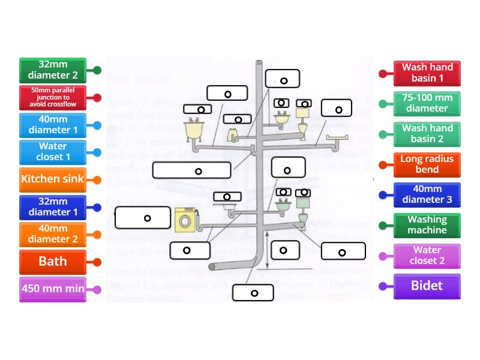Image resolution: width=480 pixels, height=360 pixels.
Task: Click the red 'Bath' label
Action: coord(53,262)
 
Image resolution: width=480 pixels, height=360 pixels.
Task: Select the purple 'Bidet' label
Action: coord(427,286)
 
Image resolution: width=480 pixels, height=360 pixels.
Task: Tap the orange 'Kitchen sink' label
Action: coord(53,179)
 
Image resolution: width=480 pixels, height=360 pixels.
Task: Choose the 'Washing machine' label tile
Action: coord(427,224)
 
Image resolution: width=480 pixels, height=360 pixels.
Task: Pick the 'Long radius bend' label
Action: coord(427,164)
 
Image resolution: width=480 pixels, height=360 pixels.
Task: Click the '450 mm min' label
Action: coord(53,289)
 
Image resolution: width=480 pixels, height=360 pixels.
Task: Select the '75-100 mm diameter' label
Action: coord(427,103)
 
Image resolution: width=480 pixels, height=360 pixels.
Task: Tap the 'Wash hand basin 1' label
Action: coord(427,73)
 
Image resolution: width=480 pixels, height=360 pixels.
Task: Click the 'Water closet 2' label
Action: coord(427,255)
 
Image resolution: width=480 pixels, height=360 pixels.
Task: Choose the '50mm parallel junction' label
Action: coord(53,97)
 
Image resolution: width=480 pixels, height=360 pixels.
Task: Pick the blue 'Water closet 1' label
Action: coord(53,152)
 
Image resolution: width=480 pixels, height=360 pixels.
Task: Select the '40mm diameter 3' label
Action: coord(427,194)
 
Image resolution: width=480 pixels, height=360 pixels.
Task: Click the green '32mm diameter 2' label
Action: coord(53,70)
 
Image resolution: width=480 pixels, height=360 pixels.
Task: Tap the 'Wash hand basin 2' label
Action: coord(427,133)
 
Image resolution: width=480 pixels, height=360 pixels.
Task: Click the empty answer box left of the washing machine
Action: coord(143,218)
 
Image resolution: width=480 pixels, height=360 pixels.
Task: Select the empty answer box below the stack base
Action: coord(254,293)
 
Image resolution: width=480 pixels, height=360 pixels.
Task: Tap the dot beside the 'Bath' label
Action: coord(97,262)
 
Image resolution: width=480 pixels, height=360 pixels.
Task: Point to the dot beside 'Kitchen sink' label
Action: coord(97,179)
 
